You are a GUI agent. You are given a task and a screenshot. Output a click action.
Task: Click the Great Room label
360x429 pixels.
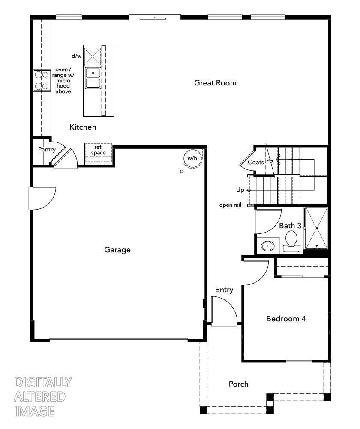215,83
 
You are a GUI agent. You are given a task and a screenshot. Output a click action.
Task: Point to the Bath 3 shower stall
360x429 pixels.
316,228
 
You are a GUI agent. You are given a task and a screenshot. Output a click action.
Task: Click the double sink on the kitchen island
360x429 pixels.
93,78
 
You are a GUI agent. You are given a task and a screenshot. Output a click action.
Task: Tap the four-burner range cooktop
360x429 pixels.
41,80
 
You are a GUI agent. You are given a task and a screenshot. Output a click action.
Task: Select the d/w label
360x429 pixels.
76,56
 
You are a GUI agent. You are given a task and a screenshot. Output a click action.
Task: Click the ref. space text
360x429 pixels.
98,150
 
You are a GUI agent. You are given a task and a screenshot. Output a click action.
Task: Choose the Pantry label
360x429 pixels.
47,149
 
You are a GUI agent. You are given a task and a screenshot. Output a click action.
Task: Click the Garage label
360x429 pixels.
117,250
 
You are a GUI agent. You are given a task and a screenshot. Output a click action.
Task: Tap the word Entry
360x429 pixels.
224,290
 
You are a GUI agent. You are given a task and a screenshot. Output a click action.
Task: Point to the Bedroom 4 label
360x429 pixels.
286,319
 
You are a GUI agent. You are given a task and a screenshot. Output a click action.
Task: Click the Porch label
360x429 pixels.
238,384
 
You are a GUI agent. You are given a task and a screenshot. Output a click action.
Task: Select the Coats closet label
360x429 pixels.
255,162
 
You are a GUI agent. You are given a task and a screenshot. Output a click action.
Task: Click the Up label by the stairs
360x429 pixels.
240,190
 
